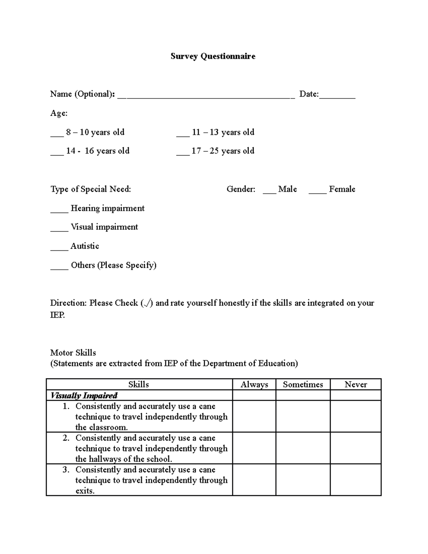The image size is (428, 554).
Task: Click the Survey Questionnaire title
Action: (213, 56)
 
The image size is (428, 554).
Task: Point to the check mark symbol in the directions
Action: (147, 303)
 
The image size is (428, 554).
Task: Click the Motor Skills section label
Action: (73, 353)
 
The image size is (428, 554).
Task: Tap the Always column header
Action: (254, 385)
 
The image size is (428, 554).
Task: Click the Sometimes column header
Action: (303, 385)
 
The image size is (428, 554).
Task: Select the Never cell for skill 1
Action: (356, 416)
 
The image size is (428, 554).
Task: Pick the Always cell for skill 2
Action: (254, 448)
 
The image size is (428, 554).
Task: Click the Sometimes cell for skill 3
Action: (303, 480)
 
